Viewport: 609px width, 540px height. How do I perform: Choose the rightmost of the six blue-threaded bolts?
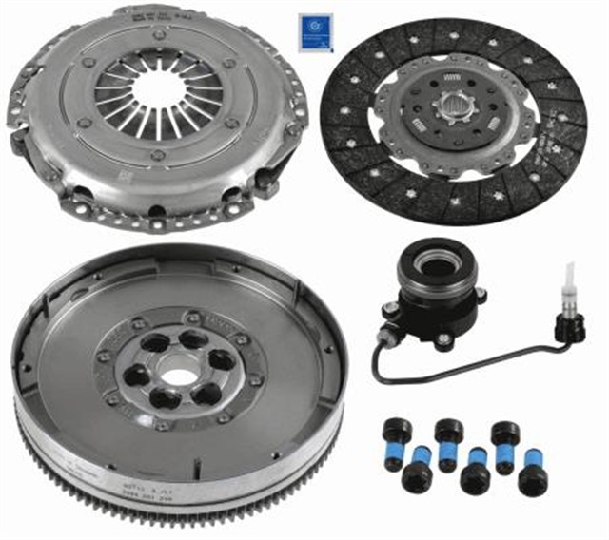(x=532, y=474)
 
